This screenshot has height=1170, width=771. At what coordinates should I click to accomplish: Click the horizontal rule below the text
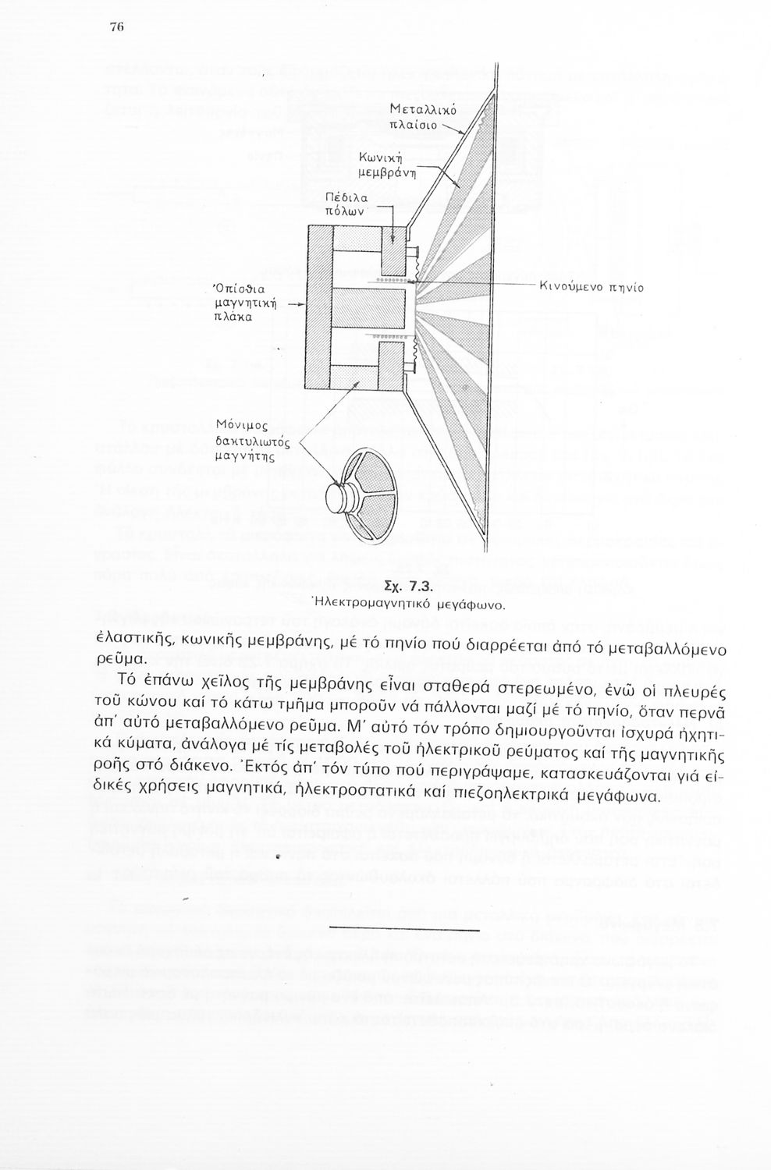tap(403, 929)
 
